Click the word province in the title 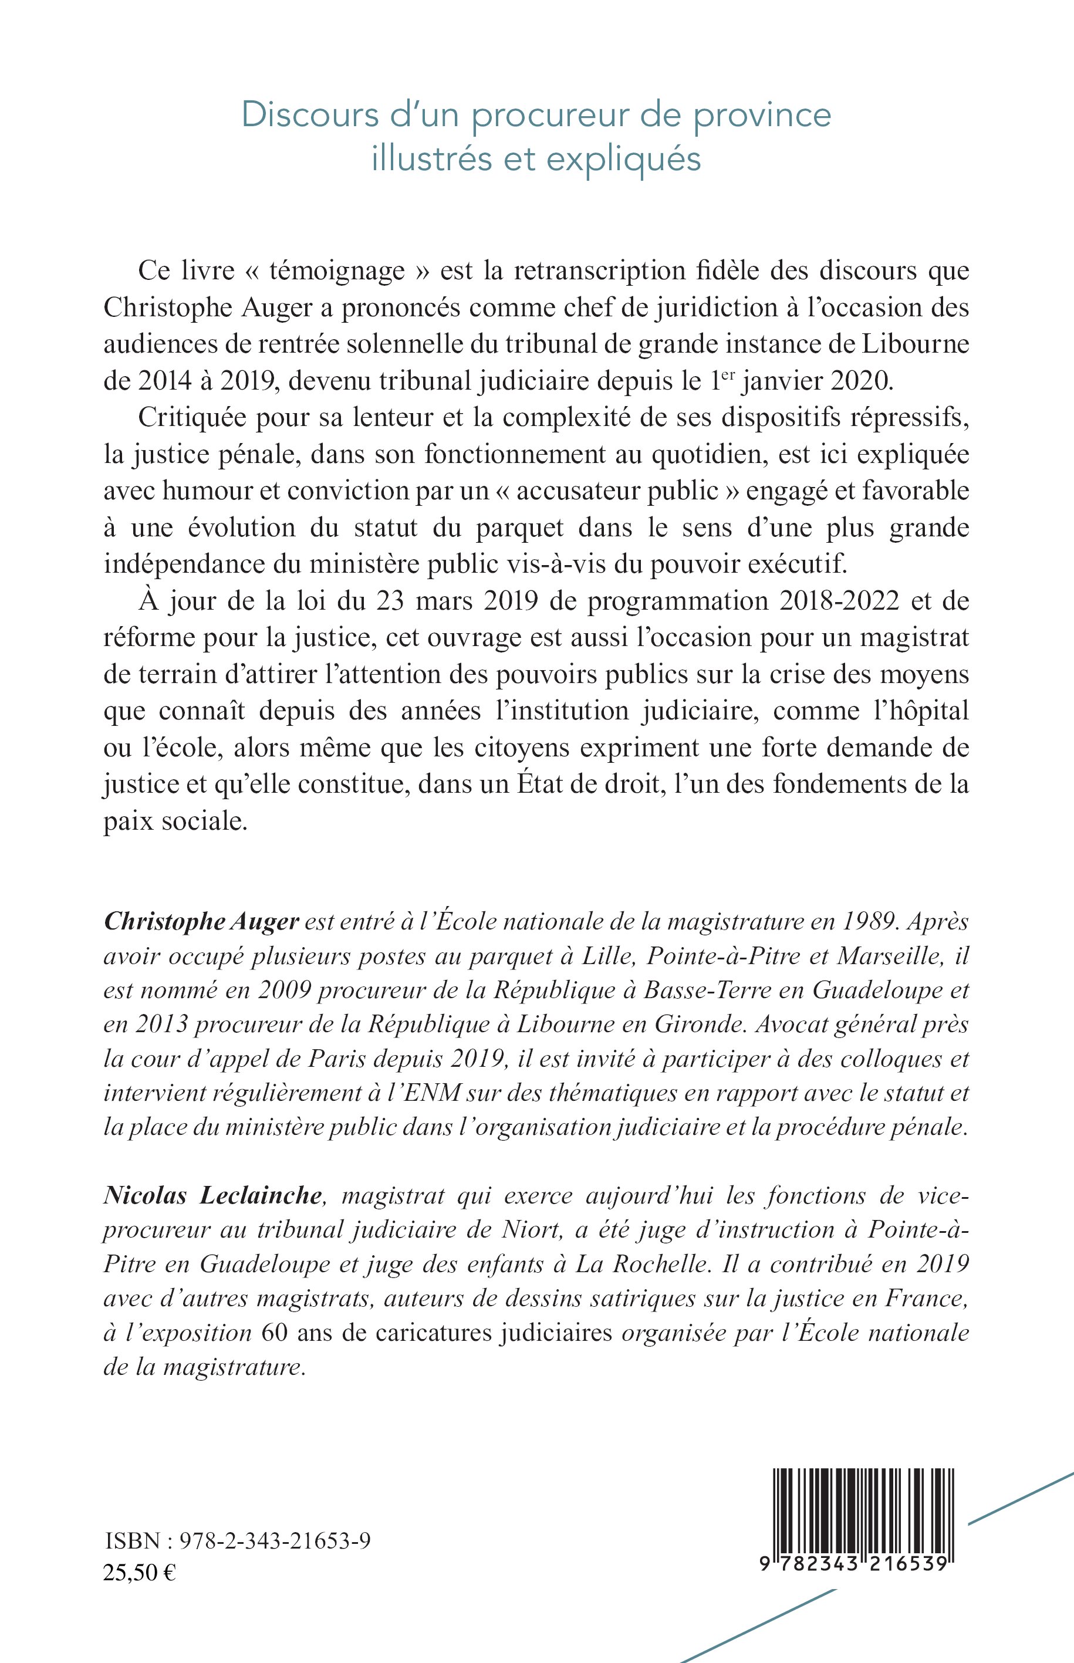pos(762,116)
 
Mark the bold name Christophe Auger pos(201,921)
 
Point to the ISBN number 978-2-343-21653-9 pos(275,1541)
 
